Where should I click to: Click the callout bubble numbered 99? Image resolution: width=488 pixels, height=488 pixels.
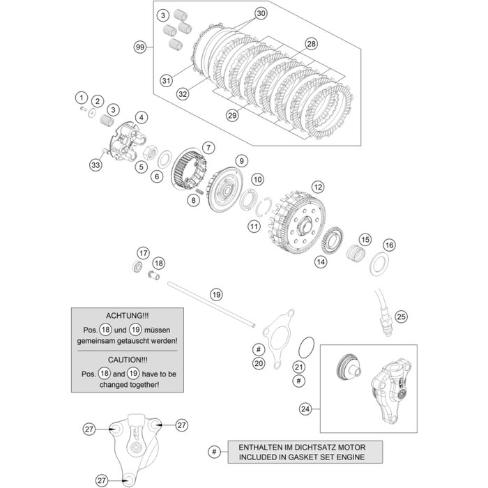coord(141,47)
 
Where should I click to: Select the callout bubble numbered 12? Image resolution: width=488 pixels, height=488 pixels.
coord(318,187)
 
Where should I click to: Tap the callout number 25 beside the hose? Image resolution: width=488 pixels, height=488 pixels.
coord(400,317)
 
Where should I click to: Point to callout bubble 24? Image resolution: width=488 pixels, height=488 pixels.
coord(304,409)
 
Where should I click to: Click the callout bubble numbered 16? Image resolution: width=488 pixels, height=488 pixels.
coord(389,245)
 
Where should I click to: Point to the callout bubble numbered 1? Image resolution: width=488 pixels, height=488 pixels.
coord(81,98)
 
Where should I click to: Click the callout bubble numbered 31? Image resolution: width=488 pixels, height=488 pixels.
coord(166,81)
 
